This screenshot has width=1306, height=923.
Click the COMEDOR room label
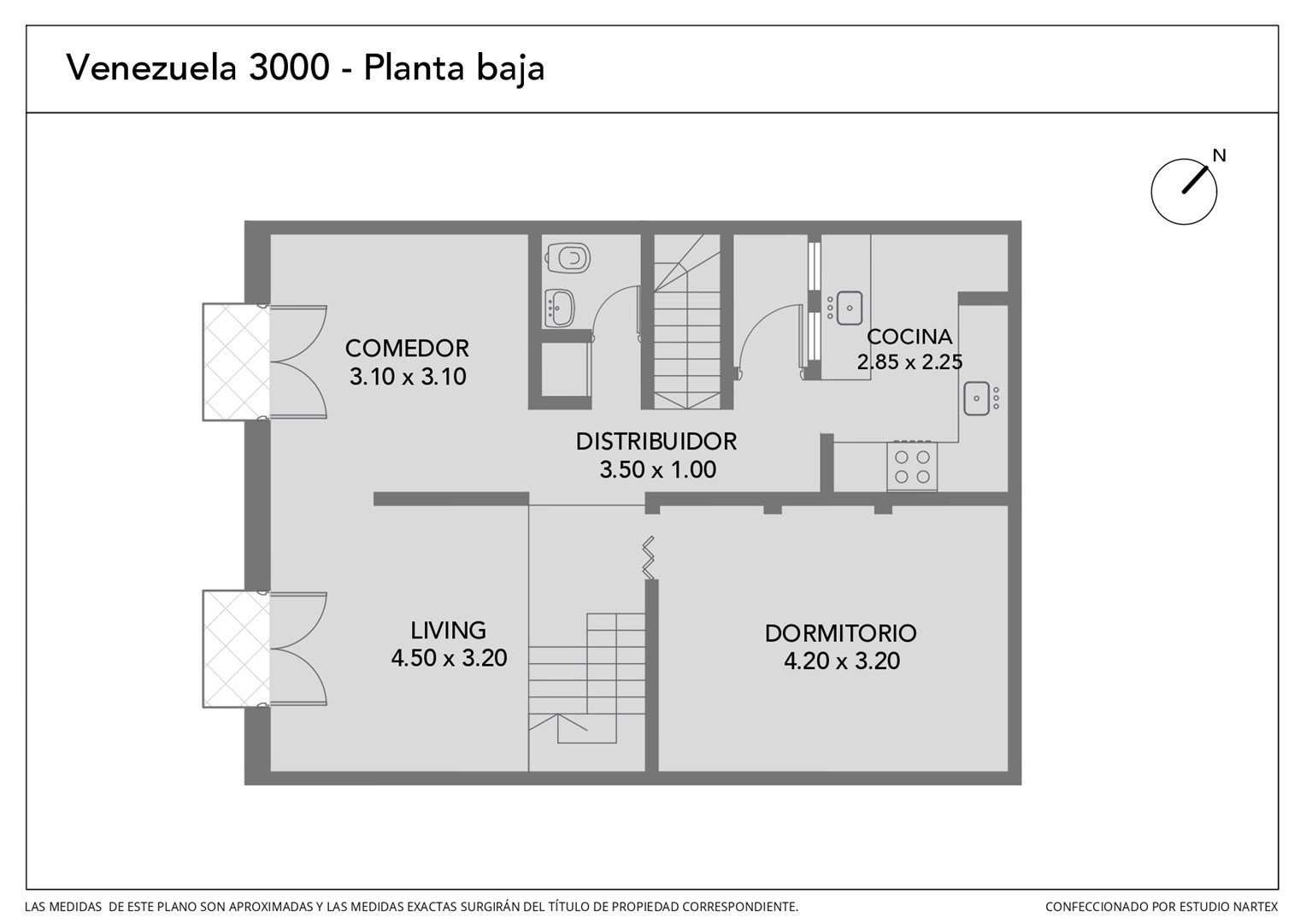pyautogui.click(x=407, y=348)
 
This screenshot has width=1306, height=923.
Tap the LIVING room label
pyautogui.click(x=448, y=631)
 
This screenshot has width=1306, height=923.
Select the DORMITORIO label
pyautogui.click(x=841, y=633)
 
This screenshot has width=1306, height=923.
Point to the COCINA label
pyautogui.click(x=909, y=337)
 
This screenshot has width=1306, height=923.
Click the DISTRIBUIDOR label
pyautogui.click(x=656, y=441)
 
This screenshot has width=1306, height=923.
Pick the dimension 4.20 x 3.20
pyautogui.click(x=842, y=661)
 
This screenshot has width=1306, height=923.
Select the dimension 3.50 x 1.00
pyautogui.click(x=657, y=470)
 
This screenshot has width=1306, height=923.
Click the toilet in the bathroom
pyautogui.click(x=568, y=258)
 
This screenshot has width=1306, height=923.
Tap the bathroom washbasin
pyautogui.click(x=560, y=308)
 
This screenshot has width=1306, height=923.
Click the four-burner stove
pyautogui.click(x=912, y=467)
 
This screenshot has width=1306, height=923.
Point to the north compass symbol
pyautogui.click(x=1184, y=191)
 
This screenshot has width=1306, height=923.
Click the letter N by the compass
pyautogui.click(x=1219, y=156)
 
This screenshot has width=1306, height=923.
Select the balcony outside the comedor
pyautogui.click(x=236, y=362)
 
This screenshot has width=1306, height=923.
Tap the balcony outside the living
pyautogui.click(x=236, y=649)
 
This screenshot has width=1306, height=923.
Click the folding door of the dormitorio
pyautogui.click(x=649, y=558)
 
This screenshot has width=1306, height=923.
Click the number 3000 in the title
pyautogui.click(x=289, y=68)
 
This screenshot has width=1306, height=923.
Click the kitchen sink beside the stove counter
pyautogui.click(x=977, y=398)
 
